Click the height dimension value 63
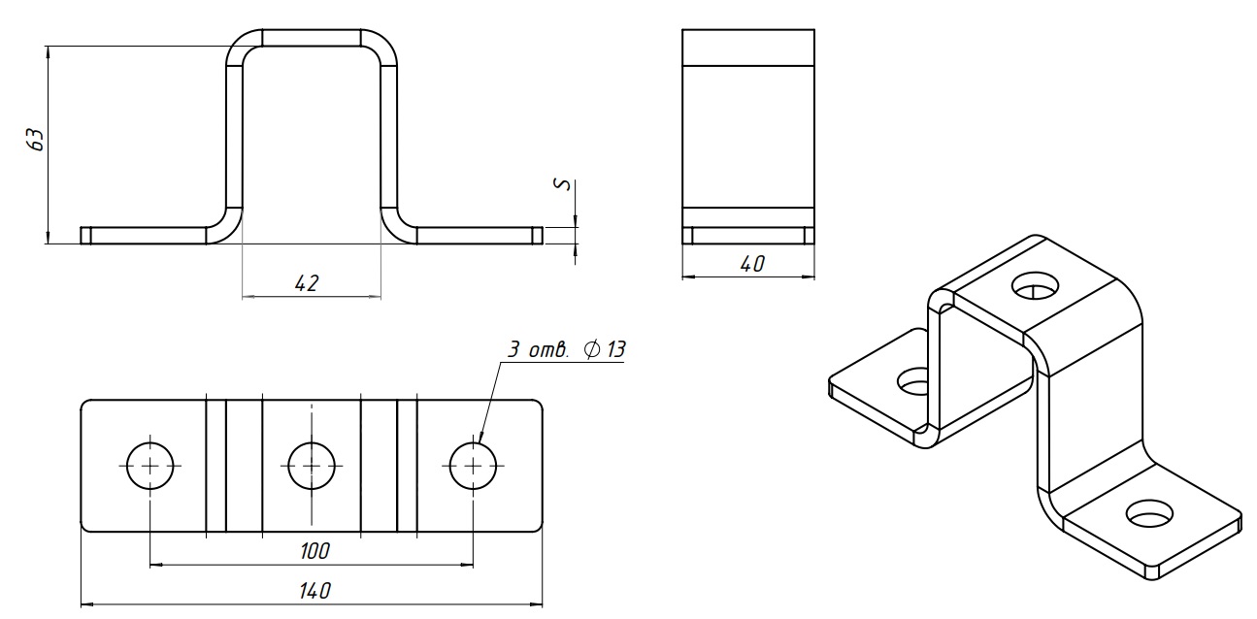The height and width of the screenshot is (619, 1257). click(35, 140)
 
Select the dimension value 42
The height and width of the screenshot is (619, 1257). click(307, 283)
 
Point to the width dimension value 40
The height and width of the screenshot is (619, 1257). click(752, 264)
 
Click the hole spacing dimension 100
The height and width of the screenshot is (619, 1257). click(314, 551)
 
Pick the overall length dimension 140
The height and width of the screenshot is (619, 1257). click(314, 591)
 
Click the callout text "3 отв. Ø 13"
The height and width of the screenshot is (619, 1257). click(566, 349)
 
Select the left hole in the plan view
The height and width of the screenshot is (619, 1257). click(150, 466)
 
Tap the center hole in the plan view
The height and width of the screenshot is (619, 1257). click(312, 466)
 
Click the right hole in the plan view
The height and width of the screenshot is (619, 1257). click(473, 466)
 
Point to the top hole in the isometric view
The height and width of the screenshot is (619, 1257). click(1036, 285)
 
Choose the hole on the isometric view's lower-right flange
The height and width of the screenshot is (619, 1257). click(1149, 513)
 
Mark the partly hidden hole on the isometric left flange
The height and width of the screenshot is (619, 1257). click(911, 381)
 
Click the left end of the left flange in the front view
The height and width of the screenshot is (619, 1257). click(81, 236)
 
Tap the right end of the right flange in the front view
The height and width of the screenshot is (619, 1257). click(542, 236)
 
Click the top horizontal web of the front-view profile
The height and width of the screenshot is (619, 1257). click(312, 38)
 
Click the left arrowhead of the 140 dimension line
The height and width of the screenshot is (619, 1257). click(86, 605)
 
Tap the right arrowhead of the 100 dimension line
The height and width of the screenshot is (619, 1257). click(468, 566)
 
